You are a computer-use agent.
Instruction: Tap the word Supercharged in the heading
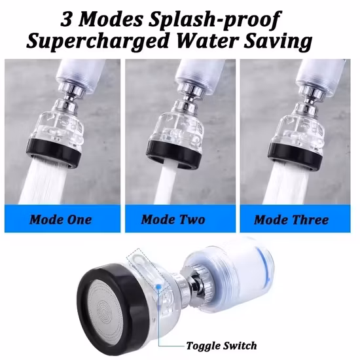(94, 41)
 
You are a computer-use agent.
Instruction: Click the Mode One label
(61, 219)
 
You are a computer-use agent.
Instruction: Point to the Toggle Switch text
(221, 346)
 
